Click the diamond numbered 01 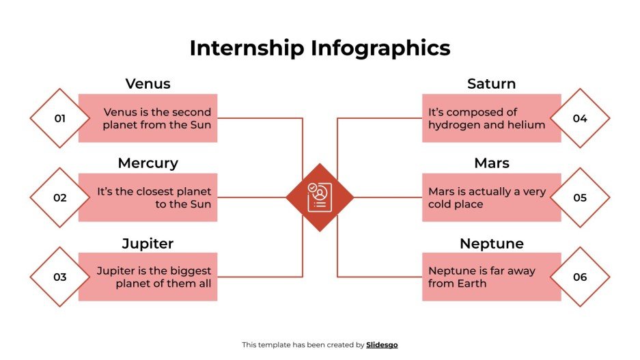point(60,118)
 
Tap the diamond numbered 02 point(60,197)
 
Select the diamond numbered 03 point(60,277)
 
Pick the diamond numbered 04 point(580,118)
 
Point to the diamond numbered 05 point(580,197)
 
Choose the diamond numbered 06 point(580,277)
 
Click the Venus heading point(148,84)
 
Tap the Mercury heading point(148,163)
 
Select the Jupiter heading point(148,243)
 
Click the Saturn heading point(491,84)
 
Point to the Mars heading point(491,163)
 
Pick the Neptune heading point(491,243)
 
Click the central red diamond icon point(320,197)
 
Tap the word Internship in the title point(247,48)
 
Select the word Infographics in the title point(380,48)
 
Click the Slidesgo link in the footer point(382,345)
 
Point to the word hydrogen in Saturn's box point(454,125)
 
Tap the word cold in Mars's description point(442,204)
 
